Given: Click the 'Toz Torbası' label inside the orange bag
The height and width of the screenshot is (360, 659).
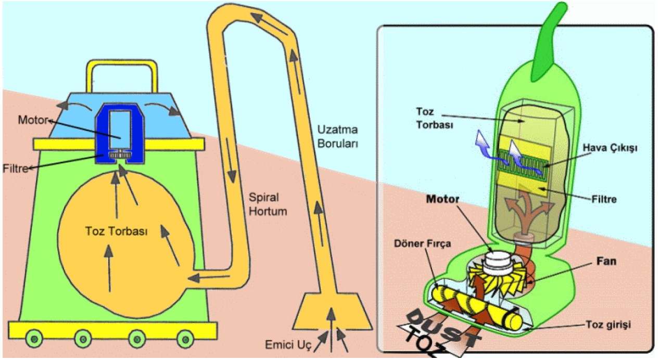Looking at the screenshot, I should pyautogui.click(x=116, y=232).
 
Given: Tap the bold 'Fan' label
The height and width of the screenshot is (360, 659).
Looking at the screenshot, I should pyautogui.click(x=606, y=261).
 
